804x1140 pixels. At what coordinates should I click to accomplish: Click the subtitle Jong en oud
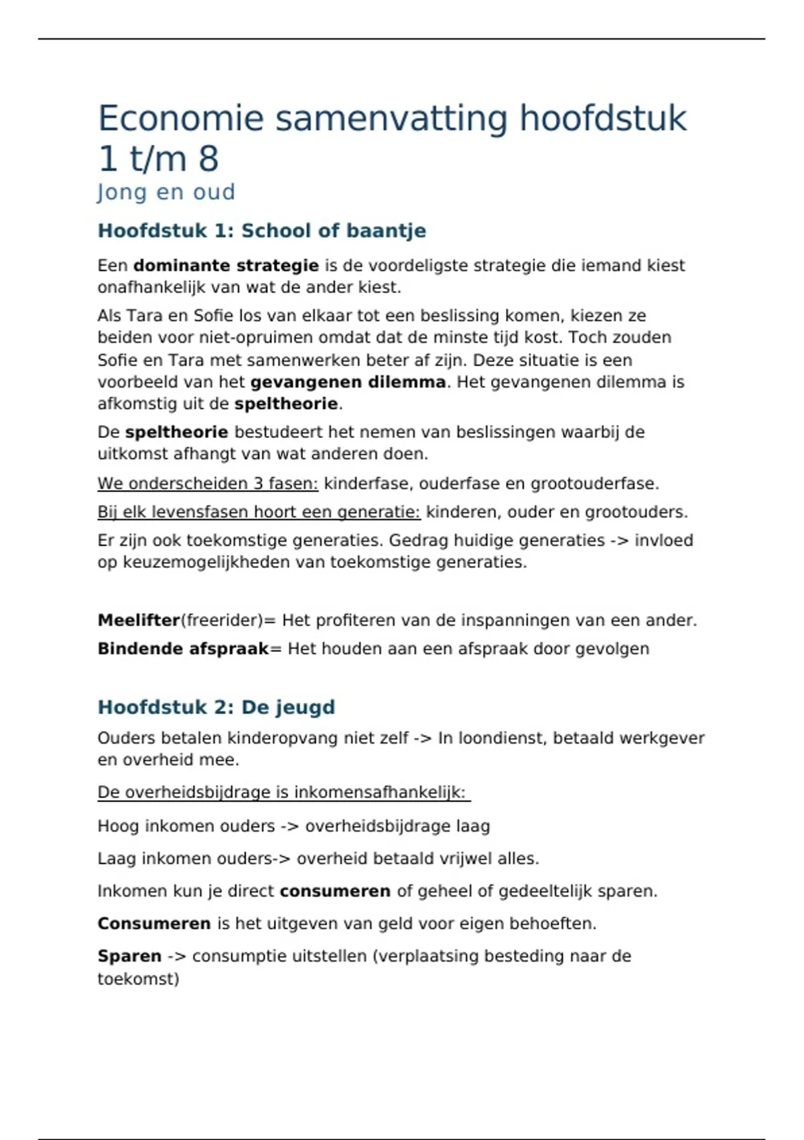pos(166,192)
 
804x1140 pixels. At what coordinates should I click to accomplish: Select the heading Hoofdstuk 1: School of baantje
pos(262,231)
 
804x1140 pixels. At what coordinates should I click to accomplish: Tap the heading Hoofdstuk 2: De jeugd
pos(216,707)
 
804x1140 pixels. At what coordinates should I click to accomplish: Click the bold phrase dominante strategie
pos(226,266)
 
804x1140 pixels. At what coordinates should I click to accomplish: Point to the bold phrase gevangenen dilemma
pos(348,382)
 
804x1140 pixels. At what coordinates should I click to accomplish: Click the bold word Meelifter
pos(139,620)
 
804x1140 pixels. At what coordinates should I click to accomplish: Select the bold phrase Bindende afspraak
pos(183,649)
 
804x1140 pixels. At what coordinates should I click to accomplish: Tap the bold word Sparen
pos(129,956)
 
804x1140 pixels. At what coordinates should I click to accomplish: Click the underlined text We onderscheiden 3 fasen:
pos(208,483)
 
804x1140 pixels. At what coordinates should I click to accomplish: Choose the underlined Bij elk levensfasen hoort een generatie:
pos(259,512)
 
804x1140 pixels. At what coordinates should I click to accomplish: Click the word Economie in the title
pos(181,119)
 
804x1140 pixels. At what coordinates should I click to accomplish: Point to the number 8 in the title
pos(208,160)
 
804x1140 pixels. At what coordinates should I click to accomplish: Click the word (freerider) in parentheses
pos(222,620)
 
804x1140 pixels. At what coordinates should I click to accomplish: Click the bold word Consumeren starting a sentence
pos(154,924)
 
